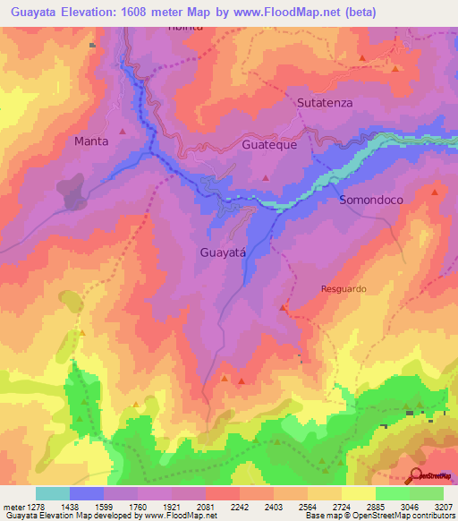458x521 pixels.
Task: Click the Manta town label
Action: click(x=91, y=141)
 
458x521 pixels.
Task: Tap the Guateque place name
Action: click(x=269, y=144)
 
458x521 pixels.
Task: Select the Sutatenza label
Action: click(x=325, y=103)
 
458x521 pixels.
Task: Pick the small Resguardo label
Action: click(x=343, y=289)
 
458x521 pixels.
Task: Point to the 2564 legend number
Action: click(x=307, y=507)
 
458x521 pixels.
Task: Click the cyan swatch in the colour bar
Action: click(x=53, y=493)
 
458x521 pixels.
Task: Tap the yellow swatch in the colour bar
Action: click(x=359, y=493)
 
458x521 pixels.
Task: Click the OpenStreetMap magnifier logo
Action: click(x=418, y=475)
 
